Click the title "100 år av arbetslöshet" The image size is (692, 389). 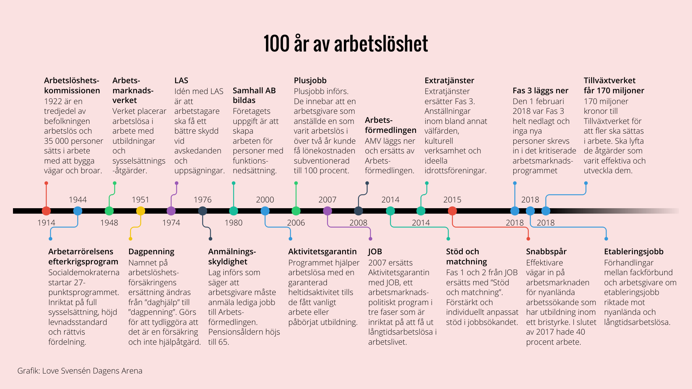(346, 44)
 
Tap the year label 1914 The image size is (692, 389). (46, 223)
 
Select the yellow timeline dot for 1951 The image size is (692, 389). (141, 211)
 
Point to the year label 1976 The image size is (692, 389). (203, 200)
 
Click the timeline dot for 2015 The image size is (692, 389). (452, 211)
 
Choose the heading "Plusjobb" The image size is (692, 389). (310, 80)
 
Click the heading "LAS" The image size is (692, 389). (181, 80)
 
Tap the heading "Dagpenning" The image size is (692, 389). (151, 251)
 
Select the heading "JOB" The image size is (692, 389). (375, 251)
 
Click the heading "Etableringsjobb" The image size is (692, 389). (634, 251)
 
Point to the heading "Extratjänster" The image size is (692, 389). (449, 80)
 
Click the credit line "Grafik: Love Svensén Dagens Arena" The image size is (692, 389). (80, 371)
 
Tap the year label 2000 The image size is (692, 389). (265, 200)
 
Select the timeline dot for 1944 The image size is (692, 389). (77, 211)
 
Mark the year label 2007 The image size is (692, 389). (327, 200)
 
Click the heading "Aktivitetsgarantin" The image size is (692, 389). (322, 251)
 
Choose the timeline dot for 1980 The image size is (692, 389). (234, 211)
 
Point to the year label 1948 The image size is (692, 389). (109, 223)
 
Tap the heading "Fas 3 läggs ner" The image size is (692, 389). (540, 90)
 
